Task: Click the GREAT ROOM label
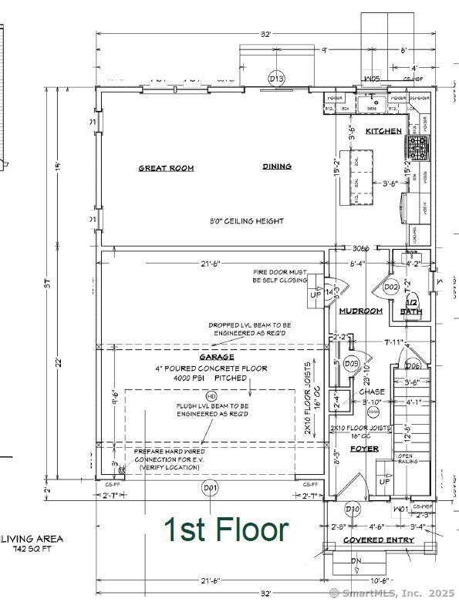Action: (166, 168)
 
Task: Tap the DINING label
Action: (277, 166)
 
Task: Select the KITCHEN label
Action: (383, 131)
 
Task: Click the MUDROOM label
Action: (361, 311)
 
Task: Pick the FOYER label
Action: (364, 448)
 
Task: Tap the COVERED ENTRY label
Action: (379, 540)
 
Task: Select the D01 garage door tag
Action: (210, 488)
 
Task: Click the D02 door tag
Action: (391, 288)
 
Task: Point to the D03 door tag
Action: (352, 363)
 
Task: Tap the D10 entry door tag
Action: (353, 509)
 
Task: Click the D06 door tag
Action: (413, 365)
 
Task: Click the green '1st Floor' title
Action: (226, 530)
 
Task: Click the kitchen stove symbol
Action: (418, 146)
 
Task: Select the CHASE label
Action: (372, 392)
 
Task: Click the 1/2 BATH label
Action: (410, 308)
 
